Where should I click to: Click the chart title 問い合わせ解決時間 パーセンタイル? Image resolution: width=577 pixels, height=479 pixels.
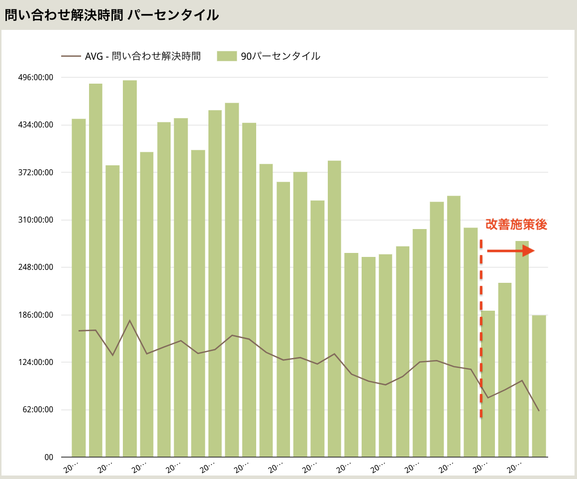point(111,15)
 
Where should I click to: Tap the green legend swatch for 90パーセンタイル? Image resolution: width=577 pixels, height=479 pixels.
point(226,56)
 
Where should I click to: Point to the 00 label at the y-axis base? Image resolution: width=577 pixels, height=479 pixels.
point(49,457)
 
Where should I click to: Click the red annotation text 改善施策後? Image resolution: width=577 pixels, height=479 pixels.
point(516,225)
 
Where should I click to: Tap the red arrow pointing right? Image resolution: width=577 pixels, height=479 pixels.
point(510,251)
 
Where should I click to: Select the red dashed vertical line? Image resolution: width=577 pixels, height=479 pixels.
point(481,329)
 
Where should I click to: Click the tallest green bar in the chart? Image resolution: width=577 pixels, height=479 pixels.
point(130,269)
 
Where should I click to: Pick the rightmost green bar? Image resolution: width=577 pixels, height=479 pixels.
point(539,386)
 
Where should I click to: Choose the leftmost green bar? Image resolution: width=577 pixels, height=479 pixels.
point(79,288)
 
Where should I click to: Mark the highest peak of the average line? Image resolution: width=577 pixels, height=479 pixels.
point(130,320)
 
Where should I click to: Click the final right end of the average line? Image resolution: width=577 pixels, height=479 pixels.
point(539,411)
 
